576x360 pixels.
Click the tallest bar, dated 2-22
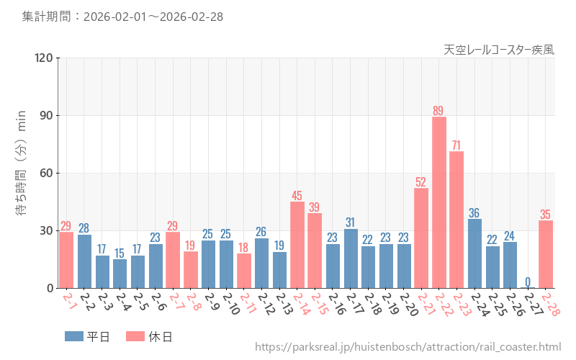pyautogui.click(x=439, y=202)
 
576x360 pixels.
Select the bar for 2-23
pyautogui.click(x=456, y=220)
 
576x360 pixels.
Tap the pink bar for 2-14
pyautogui.click(x=297, y=245)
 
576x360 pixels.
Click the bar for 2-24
pyautogui.click(x=474, y=253)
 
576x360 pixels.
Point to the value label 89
pyautogui.click(x=438, y=110)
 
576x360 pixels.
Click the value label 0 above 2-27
pyautogui.click(x=528, y=282)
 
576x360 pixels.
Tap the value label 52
pyautogui.click(x=421, y=181)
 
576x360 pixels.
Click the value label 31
pyautogui.click(x=351, y=222)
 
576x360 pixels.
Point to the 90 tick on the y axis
pyautogui.click(x=44, y=115)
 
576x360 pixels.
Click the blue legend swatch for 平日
pyautogui.click(x=73, y=336)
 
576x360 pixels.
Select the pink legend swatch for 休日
pyautogui.click(x=135, y=336)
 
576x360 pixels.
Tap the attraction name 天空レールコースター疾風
pyautogui.click(x=499, y=50)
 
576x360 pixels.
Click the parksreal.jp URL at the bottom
pyautogui.click(x=408, y=348)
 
